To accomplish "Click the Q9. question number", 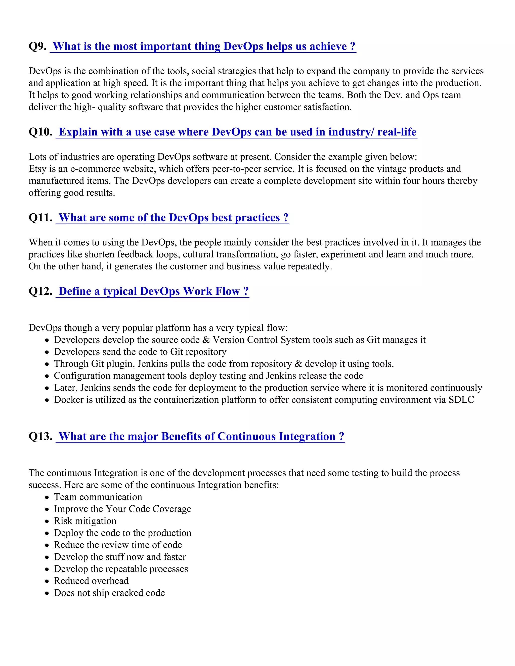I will (x=37, y=46).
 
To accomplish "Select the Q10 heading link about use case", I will (x=237, y=132).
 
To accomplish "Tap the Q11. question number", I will (x=40, y=218).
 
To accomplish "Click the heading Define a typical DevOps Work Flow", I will (x=153, y=291).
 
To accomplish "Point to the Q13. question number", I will (x=40, y=436).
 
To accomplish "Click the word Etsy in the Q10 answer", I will (x=37, y=169).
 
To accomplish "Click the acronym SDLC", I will (x=461, y=400).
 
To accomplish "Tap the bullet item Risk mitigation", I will (x=85, y=521).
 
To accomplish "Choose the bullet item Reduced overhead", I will (x=91, y=581).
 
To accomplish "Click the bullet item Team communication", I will (x=98, y=497).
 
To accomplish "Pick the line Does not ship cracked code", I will (x=109, y=593).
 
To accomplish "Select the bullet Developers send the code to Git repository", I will (x=140, y=352).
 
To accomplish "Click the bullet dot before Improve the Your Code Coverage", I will (x=47, y=509).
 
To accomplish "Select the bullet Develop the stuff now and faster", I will (x=120, y=557).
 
